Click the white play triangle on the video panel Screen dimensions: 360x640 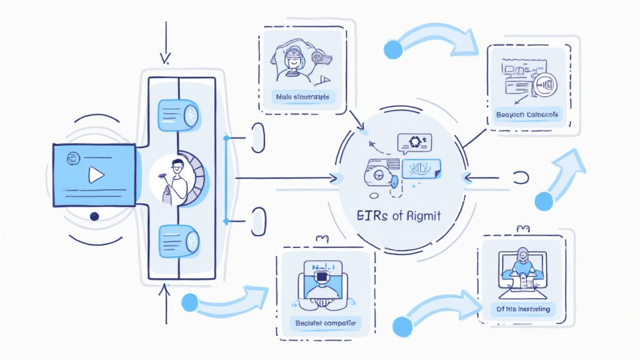coord(96,175)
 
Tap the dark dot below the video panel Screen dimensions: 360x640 coord(94,216)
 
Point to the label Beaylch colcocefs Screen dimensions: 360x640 coord(529,114)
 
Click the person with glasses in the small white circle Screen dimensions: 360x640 coord(176,178)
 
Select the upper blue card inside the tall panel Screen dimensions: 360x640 coord(179,116)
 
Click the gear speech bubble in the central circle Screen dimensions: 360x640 coord(413,143)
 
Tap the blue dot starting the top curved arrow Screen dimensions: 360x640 coord(393,49)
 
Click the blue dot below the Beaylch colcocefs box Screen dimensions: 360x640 coord(544,201)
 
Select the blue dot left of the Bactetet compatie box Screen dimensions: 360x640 coord(189,303)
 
